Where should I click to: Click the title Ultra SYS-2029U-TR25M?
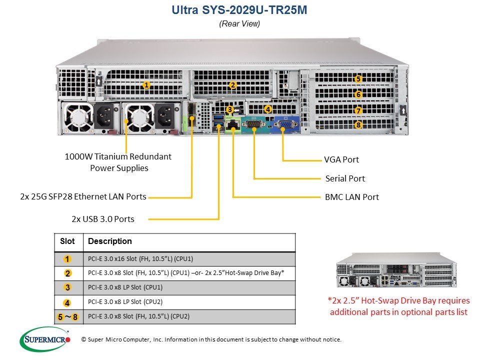(x=239, y=10)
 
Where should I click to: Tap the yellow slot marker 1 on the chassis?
(x=146, y=85)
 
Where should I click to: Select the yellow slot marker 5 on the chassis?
(x=358, y=79)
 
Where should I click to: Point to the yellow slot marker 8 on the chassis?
(x=358, y=125)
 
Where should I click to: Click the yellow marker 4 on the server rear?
(x=268, y=109)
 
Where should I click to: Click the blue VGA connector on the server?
(x=286, y=124)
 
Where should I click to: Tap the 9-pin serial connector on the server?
(x=254, y=124)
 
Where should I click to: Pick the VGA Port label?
(x=341, y=159)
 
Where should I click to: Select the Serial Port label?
(x=345, y=178)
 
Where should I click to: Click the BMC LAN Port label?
(x=351, y=197)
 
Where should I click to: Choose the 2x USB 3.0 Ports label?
(x=103, y=219)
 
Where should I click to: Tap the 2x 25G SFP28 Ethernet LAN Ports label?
(x=83, y=196)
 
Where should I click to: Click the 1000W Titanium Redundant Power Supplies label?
(x=118, y=162)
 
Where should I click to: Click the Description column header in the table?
(x=110, y=241)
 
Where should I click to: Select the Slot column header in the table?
(x=67, y=241)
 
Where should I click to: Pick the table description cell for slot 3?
(x=189, y=287)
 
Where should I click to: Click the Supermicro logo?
(x=45, y=339)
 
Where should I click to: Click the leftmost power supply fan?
(x=78, y=118)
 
